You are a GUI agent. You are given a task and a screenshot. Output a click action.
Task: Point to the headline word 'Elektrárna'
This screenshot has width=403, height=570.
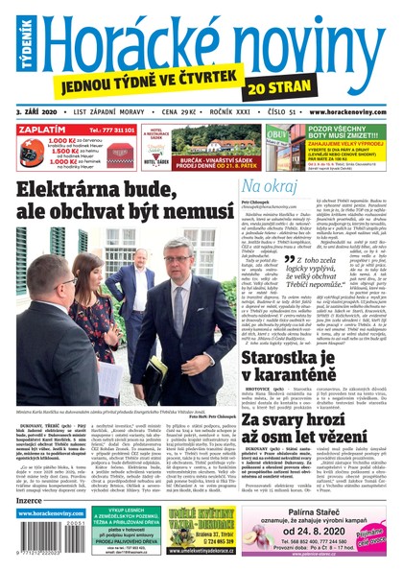tap(81, 189)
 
